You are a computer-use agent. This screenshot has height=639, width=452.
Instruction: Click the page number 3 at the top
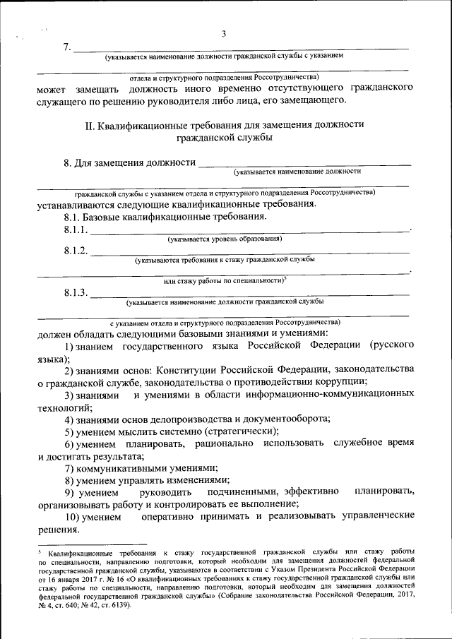click(224, 33)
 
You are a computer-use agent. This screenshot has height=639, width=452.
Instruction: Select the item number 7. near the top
click(67, 47)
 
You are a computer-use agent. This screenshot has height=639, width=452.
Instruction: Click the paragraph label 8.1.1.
click(75, 230)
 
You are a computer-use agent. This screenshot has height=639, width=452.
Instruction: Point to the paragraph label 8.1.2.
click(76, 251)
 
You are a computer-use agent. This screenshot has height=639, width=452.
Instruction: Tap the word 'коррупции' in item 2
click(336, 381)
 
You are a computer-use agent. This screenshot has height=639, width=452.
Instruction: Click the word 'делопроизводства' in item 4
click(174, 419)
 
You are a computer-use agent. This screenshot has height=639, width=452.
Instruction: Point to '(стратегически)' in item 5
click(241, 431)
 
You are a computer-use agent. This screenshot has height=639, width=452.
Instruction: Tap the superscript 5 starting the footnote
click(40, 548)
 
